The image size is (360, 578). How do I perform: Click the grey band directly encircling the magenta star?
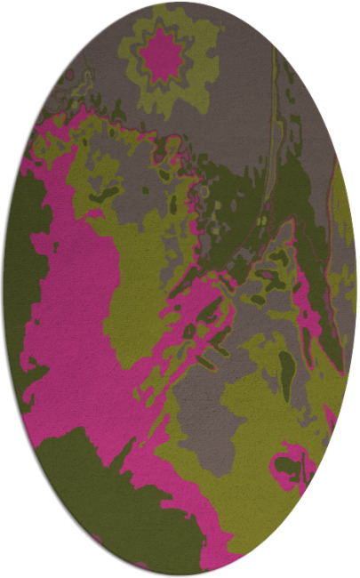pos(142,56)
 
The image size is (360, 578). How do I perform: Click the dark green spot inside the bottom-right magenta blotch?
pos(287,465)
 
